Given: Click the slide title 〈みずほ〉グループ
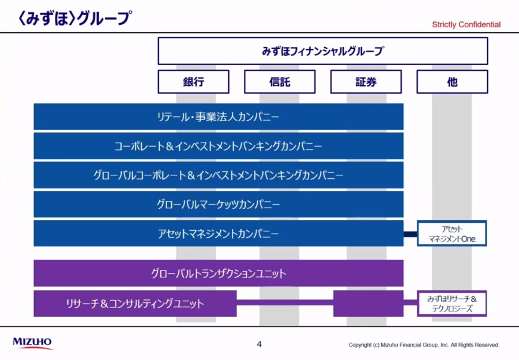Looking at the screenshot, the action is point(75,18).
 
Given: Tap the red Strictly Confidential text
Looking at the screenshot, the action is point(466,24).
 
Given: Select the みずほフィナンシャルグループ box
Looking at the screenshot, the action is point(323,51).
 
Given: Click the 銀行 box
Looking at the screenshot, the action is point(194,82).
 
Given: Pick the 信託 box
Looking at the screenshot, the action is point(280,82).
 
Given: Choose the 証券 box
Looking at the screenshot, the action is point(366,82).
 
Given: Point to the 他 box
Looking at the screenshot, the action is point(452,82).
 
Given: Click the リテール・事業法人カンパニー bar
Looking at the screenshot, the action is point(219,117).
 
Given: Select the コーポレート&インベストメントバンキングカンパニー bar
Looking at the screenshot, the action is point(219,146).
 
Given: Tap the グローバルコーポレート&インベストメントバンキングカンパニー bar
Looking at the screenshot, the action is point(219,175).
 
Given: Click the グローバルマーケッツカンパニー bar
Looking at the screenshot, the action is point(219,204).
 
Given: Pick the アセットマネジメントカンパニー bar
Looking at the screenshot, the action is point(219,234).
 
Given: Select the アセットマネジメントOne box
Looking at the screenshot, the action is point(452,234).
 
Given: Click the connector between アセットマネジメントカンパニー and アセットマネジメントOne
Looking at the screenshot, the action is point(410,234).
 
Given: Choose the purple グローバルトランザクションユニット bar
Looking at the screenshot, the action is point(219,273).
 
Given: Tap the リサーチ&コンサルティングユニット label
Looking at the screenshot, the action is point(135,303).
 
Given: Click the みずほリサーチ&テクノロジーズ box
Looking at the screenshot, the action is point(452,303).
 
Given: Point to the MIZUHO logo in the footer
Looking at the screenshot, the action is point(32,343).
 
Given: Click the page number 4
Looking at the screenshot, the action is point(259,344).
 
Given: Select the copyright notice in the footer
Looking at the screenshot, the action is point(424,345).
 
